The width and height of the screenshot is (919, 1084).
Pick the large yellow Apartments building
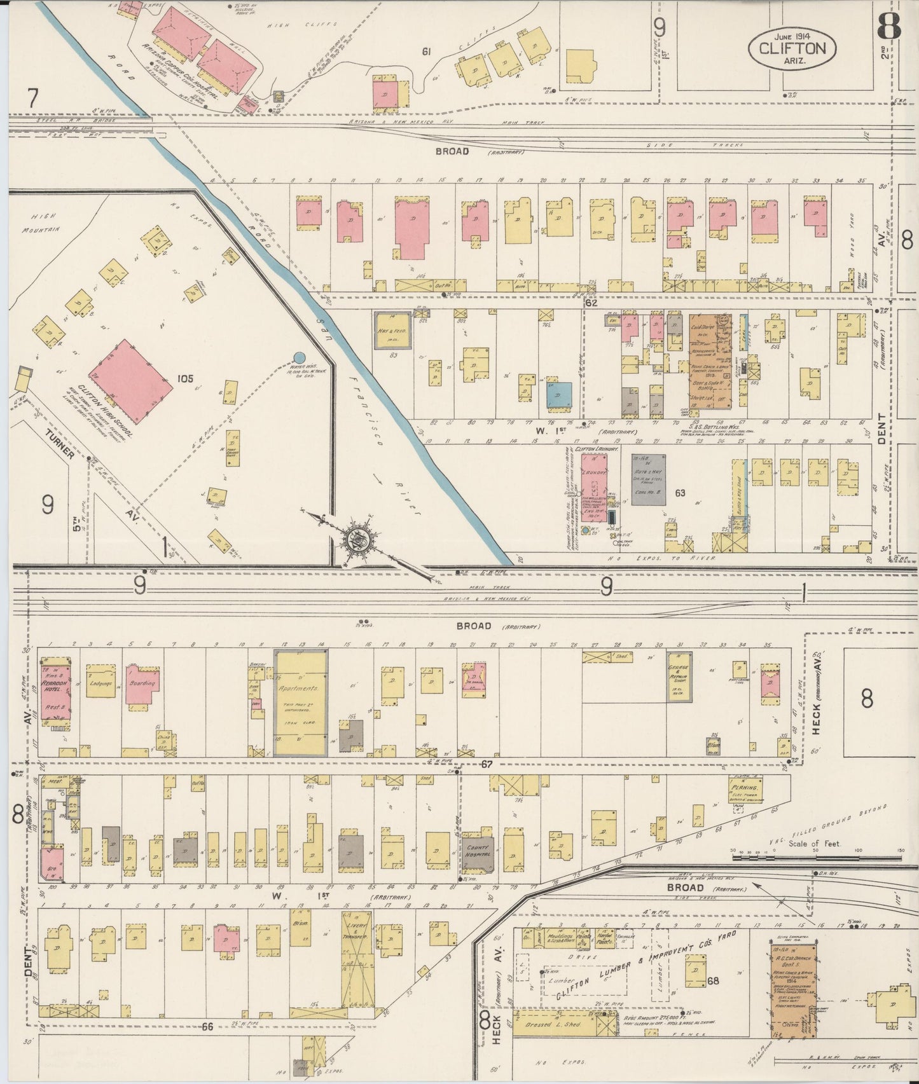tap(301, 702)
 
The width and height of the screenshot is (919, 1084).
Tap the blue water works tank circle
tap(298, 359)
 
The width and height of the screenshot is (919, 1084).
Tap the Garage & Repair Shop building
tap(679, 676)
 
